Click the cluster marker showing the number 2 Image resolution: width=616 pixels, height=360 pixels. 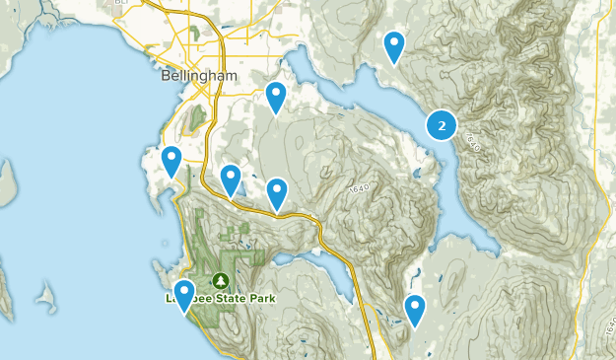pos(441,125)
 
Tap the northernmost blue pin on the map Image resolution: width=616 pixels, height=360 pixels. pos(394,45)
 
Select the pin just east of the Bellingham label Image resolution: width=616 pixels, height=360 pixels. pos(276,97)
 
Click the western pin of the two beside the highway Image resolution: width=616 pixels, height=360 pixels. pos(231,179)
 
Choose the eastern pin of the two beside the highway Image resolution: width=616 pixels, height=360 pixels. pos(277,192)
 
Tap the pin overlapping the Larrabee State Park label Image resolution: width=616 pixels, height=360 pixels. pos(183,294)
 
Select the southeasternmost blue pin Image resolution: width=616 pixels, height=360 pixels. pos(415,309)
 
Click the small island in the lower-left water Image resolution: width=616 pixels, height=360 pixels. pos(45,293)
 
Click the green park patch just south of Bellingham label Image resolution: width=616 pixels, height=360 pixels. pos(196,117)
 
